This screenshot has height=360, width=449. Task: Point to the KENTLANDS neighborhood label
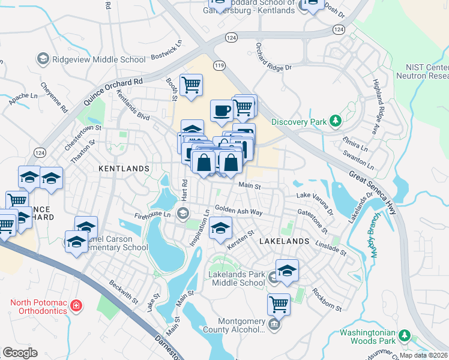click(123, 169)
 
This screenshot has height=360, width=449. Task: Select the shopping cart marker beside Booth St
click(191, 85)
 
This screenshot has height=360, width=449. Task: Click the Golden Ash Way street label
click(239, 212)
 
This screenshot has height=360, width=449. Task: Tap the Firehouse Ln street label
click(152, 214)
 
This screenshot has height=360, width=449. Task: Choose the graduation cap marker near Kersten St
click(220, 229)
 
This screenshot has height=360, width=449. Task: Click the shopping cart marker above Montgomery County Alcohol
click(279, 304)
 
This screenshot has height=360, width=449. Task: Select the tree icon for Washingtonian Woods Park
click(405, 334)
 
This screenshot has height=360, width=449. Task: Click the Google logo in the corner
click(20, 353)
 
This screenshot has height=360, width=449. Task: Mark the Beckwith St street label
click(124, 292)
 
